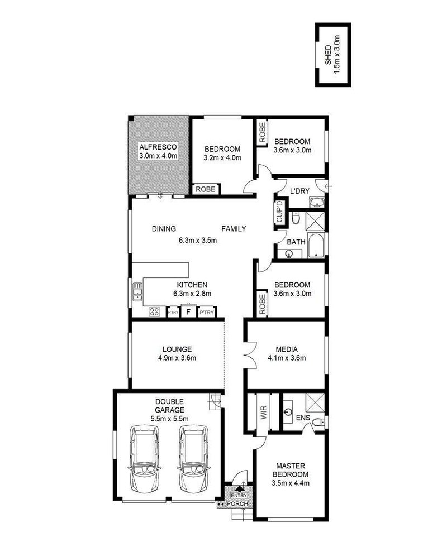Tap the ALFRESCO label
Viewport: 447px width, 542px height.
coord(158,146)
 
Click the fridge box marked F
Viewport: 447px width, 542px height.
coord(189,312)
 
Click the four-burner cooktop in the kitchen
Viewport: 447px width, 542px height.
coord(155,313)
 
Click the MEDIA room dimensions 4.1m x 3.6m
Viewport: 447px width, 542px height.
coord(287,358)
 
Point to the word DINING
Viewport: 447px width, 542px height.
coord(164,229)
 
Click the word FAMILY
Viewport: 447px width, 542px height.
coord(234,229)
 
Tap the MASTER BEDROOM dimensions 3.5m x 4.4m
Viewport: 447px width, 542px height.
coord(291,483)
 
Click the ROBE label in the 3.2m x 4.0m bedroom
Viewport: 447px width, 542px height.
coord(204,190)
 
